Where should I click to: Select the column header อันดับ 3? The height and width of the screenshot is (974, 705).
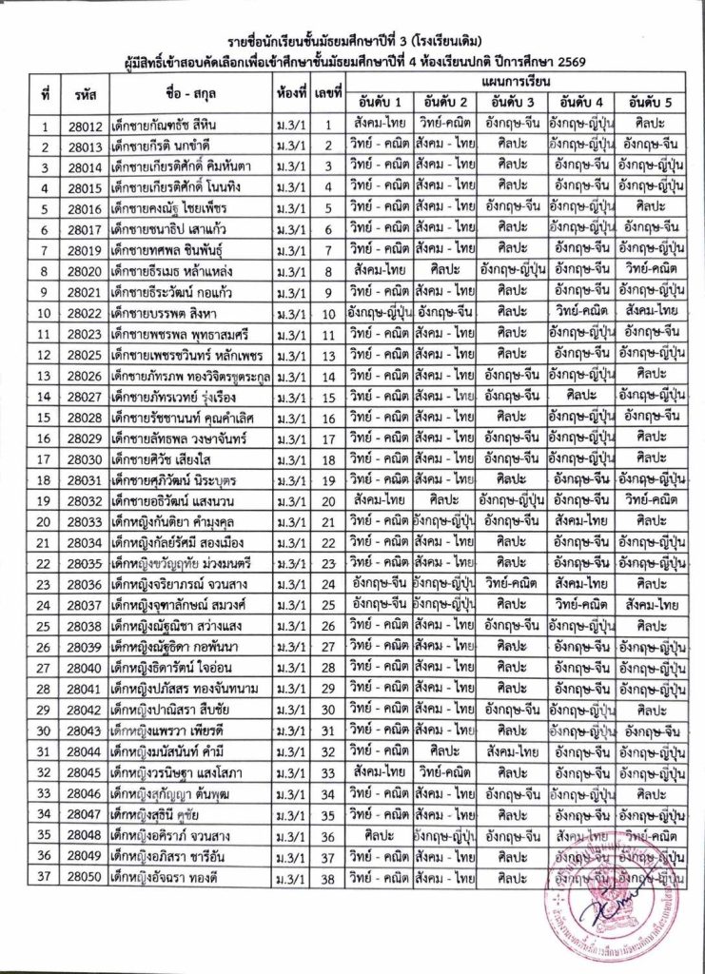pyautogui.click(x=517, y=102)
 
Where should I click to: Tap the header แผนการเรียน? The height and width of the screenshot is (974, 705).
pyautogui.click(x=516, y=83)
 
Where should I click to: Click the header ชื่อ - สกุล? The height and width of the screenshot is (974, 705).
pyautogui.click(x=191, y=93)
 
